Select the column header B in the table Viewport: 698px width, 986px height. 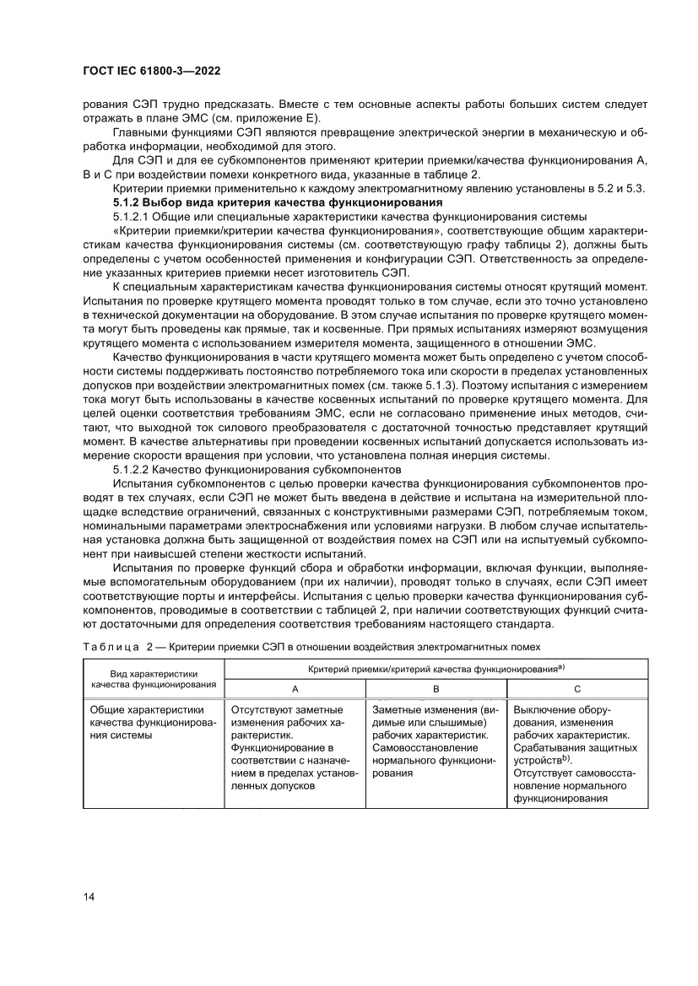pos(436,688)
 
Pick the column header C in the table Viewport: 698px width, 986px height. pos(577,688)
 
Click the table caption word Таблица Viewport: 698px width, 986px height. pos(112,646)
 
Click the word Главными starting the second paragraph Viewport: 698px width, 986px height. pos(139,132)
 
